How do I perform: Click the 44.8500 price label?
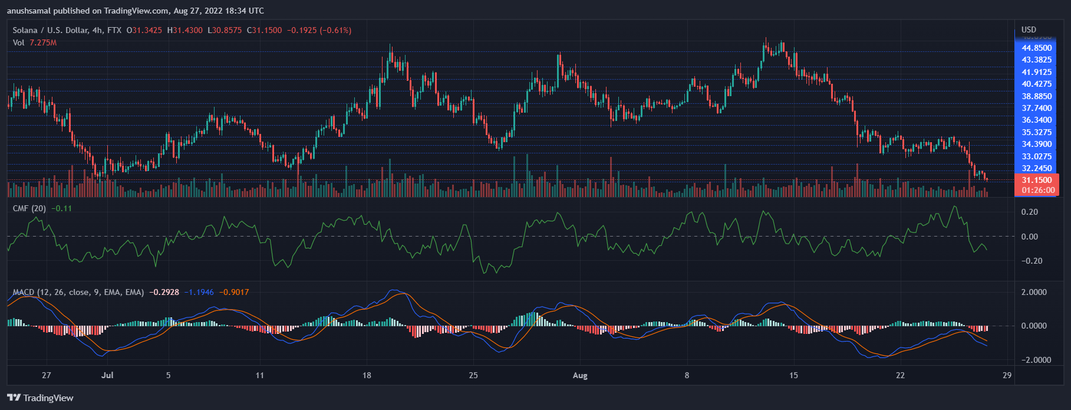[1037, 48]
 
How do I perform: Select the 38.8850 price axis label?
[1037, 96]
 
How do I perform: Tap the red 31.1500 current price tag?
[1037, 180]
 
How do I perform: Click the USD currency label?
[1029, 29]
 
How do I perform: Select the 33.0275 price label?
[1037, 156]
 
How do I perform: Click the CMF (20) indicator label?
[29, 208]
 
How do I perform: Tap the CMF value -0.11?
[61, 208]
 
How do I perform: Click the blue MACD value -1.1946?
[199, 292]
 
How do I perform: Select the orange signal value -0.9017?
[234, 292]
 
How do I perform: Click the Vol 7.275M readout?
[35, 42]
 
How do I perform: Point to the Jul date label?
[107, 375]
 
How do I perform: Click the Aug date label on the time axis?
[580, 375]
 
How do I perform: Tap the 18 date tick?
[367, 375]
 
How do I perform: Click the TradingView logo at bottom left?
[40, 398]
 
